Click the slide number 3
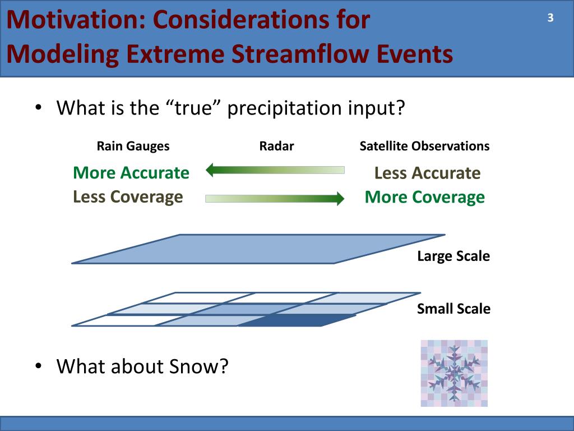click(550, 17)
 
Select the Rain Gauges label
click(133, 146)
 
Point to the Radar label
click(276, 146)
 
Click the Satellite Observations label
click(424, 146)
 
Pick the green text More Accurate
click(131, 173)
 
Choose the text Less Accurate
click(427, 173)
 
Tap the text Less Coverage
click(128, 197)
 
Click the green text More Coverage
click(425, 197)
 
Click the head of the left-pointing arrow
click(210, 170)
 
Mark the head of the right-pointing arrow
click(340, 198)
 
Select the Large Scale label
click(453, 256)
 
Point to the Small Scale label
click(453, 309)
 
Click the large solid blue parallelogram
click(258, 249)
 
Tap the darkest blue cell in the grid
click(297, 320)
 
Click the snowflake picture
click(454, 373)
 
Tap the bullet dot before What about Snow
click(39, 366)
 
